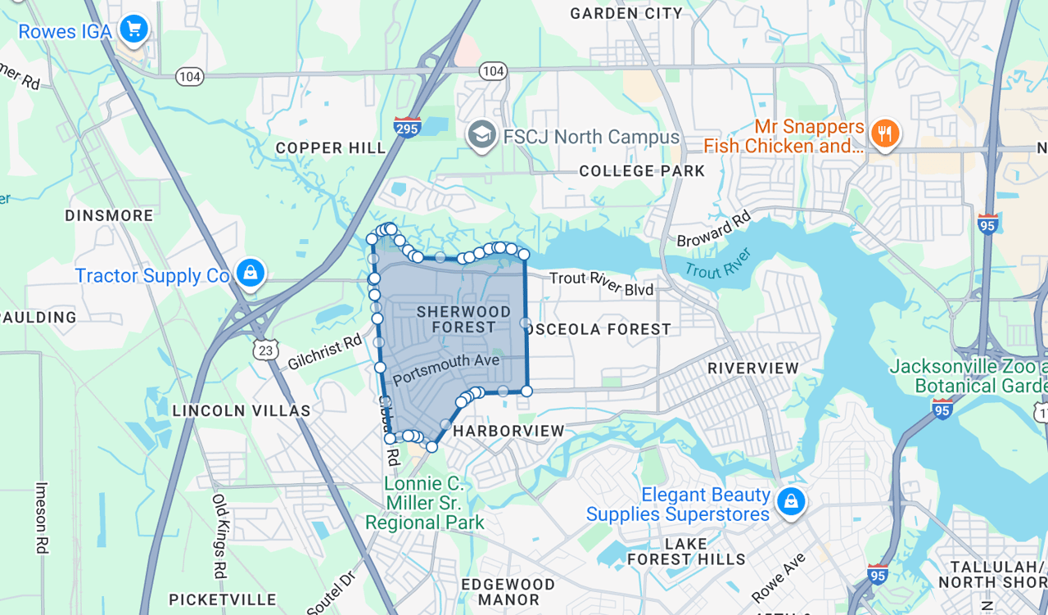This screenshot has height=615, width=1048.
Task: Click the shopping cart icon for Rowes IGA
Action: pyautogui.click(x=133, y=29)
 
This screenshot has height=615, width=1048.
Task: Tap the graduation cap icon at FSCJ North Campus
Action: pyautogui.click(x=482, y=135)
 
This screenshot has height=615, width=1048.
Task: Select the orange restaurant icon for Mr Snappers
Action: pyautogui.click(x=884, y=133)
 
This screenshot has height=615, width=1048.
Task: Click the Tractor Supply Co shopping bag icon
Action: pyautogui.click(x=250, y=272)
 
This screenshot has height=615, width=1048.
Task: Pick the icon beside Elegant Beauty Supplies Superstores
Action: pyautogui.click(x=790, y=501)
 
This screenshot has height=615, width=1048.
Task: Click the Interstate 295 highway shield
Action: pyautogui.click(x=407, y=127)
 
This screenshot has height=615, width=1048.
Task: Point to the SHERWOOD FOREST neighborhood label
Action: pyautogui.click(x=463, y=319)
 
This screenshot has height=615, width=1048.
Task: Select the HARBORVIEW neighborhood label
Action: pyautogui.click(x=508, y=431)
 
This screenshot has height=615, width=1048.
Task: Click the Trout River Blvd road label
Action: pyautogui.click(x=602, y=283)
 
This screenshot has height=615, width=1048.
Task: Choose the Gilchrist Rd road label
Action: pyautogui.click(x=325, y=353)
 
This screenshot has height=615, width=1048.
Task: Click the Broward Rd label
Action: pyautogui.click(x=713, y=230)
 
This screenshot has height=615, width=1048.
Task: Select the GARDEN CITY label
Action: pyautogui.click(x=626, y=13)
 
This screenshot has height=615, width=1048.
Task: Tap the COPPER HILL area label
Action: pyautogui.click(x=331, y=148)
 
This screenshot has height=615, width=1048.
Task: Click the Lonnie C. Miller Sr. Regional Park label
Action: pyautogui.click(x=424, y=503)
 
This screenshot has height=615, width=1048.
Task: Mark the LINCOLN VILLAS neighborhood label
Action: pyautogui.click(x=242, y=411)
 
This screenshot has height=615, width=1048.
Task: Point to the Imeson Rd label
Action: pyautogui.click(x=42, y=518)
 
